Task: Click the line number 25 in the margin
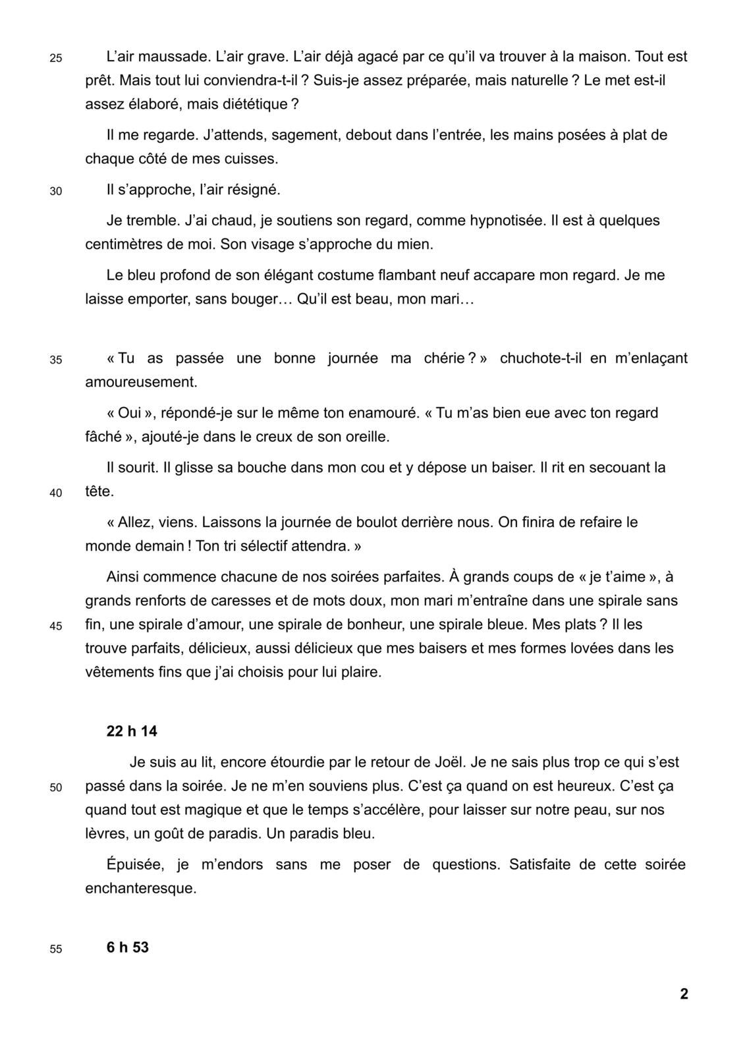[x=56, y=58]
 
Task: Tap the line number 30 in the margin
[x=56, y=192]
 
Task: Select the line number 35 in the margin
[x=56, y=360]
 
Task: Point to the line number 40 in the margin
[x=56, y=493]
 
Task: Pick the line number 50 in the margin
[x=56, y=787]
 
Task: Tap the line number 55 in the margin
[x=56, y=949]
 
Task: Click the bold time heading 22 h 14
[x=132, y=731]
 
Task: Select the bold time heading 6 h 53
[x=127, y=947]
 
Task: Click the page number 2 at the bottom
[x=684, y=994]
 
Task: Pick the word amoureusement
[x=141, y=382]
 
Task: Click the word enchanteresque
[x=141, y=888]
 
